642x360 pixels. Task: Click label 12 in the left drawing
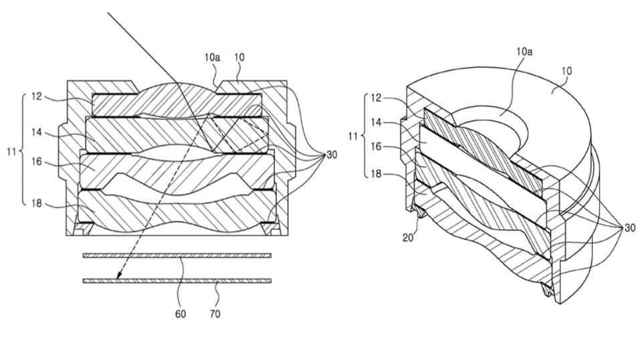[x=37, y=96]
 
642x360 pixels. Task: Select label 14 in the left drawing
[x=37, y=133]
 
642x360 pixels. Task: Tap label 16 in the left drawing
[x=37, y=161]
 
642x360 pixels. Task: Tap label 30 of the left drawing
[x=332, y=156]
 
